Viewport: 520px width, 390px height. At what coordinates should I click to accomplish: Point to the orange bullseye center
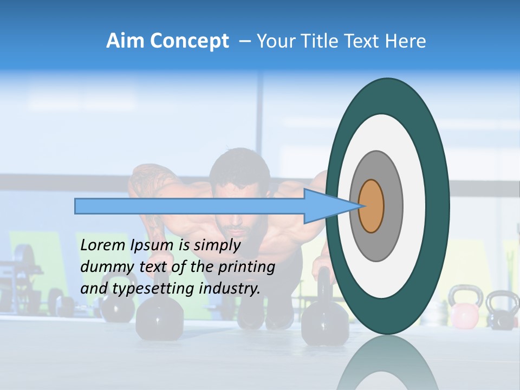click(x=371, y=206)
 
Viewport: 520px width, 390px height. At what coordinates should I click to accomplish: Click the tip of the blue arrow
click(x=360, y=206)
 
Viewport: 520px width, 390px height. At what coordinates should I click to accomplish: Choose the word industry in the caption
click(x=230, y=289)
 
